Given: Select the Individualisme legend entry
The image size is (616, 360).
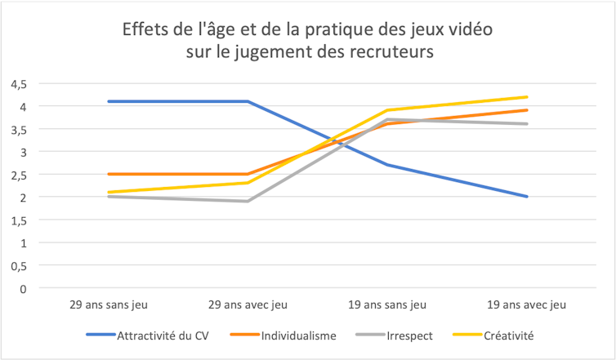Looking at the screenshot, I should [297, 336].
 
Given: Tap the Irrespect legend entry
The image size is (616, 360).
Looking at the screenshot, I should [412, 336].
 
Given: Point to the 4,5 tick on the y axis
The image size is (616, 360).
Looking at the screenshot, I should [18, 83].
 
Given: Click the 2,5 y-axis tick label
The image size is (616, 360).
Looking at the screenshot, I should [18, 174].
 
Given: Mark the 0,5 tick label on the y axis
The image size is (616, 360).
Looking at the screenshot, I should [18, 265].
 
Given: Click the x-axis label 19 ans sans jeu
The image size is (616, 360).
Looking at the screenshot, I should [386, 304].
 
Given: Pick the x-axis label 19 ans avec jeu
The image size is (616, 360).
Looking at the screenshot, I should [527, 304].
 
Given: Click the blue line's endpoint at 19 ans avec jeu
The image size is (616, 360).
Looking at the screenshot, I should [527, 197].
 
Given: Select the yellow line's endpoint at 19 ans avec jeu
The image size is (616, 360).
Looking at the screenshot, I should [527, 97].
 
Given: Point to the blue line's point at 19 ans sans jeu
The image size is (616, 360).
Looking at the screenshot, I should [386, 165].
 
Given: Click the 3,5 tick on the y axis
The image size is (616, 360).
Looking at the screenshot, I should [18, 129].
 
